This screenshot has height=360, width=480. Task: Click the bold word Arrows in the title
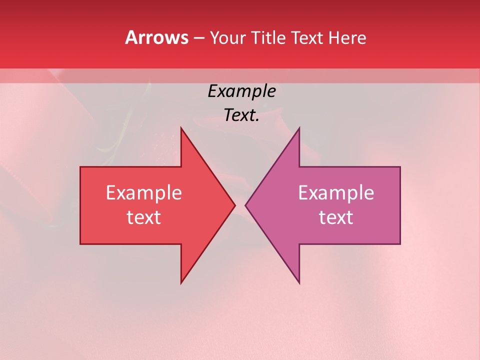156,37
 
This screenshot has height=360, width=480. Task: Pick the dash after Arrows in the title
198,38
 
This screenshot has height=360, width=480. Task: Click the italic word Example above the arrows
241,91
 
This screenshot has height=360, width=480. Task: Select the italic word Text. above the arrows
241,115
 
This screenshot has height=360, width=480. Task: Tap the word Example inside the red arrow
143,193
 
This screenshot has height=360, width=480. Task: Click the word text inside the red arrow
143,217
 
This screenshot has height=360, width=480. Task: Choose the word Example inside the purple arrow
336,193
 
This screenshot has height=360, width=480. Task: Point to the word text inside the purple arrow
336,217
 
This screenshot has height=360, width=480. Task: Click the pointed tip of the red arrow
234,205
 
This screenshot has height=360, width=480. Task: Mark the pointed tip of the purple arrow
246,205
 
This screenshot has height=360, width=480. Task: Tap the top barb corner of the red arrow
181,128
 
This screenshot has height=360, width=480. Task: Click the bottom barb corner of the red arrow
181,283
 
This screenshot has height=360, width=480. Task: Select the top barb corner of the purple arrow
299,128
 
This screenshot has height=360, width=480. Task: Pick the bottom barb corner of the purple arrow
299,283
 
